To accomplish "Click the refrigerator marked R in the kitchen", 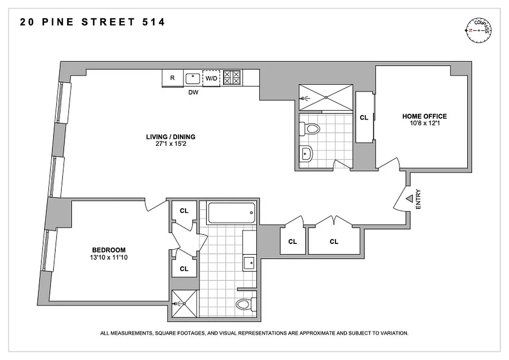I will click(172, 78).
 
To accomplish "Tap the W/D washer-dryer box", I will click(211, 78).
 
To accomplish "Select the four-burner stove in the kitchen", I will click(232, 77).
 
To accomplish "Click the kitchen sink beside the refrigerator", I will click(193, 78).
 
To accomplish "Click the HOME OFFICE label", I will click(424, 116).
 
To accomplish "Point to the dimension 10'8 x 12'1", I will click(424, 123).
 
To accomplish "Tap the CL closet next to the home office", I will click(364, 117).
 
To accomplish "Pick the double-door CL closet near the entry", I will click(334, 242).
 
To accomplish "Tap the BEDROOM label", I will click(108, 250).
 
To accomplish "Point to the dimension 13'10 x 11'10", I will click(108, 258).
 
